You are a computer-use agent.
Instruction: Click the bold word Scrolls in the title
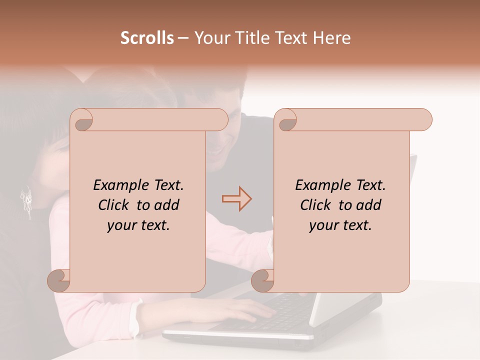[147, 38]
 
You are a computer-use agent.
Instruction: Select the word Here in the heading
[331, 38]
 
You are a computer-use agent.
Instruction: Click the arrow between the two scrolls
[236, 198]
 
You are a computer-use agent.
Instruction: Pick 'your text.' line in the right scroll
[340, 225]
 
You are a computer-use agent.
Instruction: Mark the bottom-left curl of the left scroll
[59, 280]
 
